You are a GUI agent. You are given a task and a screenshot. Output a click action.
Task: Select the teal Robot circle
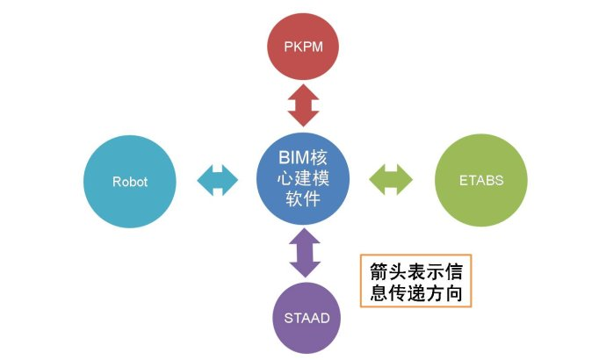pyautogui.click(x=129, y=182)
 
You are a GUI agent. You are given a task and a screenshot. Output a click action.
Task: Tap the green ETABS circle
pyautogui.click(x=481, y=182)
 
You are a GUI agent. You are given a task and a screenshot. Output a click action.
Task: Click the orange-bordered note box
pyautogui.click(x=416, y=281)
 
